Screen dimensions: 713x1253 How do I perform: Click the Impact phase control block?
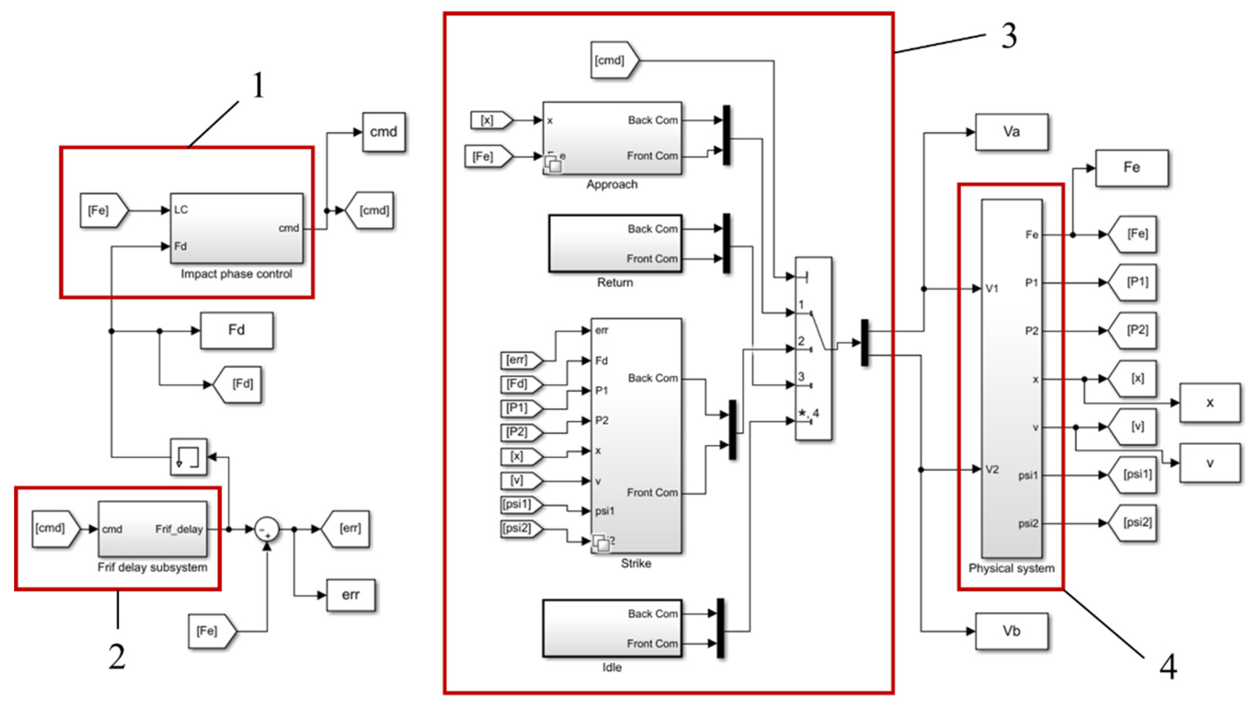pos(237,228)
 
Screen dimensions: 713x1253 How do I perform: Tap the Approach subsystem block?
pos(612,138)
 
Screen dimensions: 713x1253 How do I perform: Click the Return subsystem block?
pos(615,243)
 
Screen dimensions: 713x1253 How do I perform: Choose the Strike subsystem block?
pos(636,436)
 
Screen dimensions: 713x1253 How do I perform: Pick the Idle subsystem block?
pos(612,628)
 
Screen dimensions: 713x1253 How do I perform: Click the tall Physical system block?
pos(1011,378)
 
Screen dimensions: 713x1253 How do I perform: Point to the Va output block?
pos(1011,132)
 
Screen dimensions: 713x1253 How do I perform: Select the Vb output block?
pos(1011,631)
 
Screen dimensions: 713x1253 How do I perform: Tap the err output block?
pos(350,595)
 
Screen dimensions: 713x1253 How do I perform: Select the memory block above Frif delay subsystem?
pos(188,457)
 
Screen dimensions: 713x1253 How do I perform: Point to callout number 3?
pos(1008,36)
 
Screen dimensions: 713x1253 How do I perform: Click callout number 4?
pos(1168,667)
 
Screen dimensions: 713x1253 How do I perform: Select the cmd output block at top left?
pos(384,132)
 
